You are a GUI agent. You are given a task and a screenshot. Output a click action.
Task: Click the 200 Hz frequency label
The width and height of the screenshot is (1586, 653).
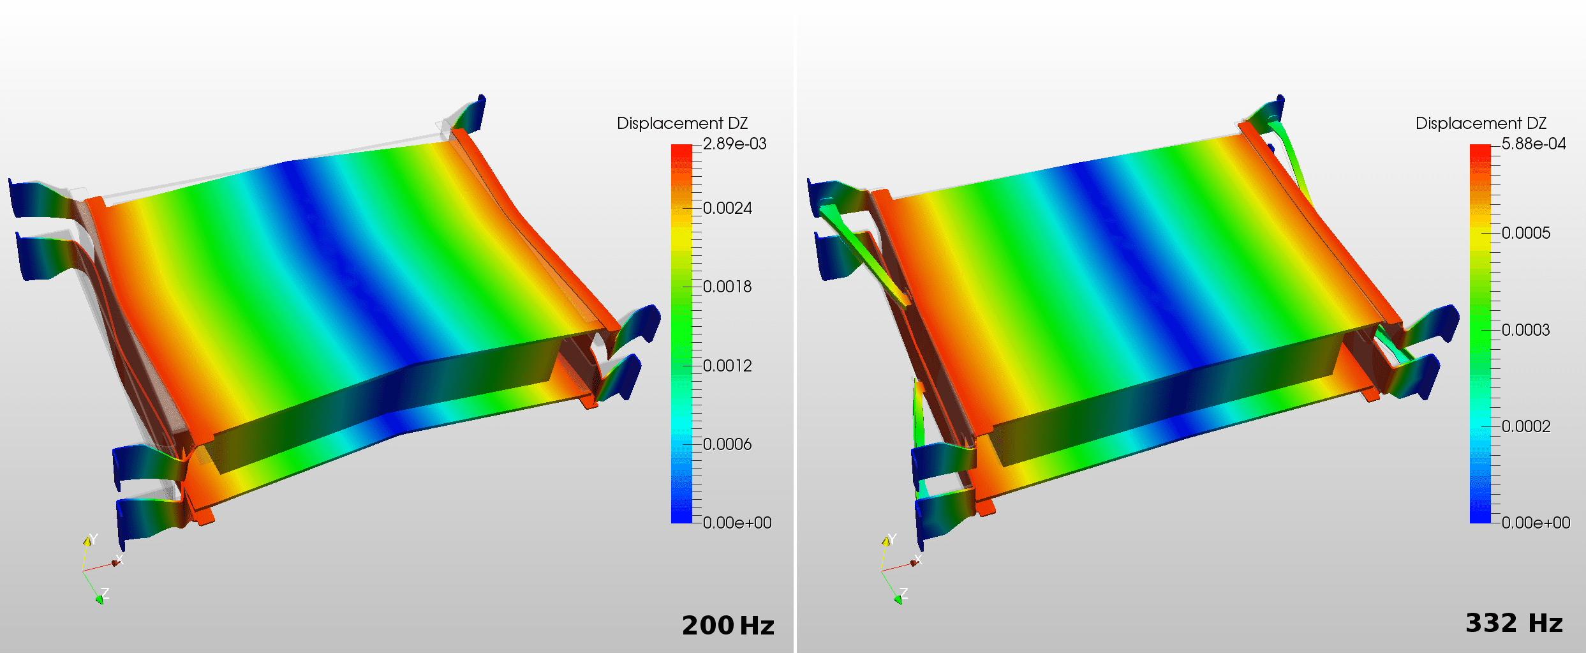(x=728, y=626)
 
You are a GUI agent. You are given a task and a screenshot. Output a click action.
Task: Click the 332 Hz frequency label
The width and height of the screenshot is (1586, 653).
(x=1514, y=623)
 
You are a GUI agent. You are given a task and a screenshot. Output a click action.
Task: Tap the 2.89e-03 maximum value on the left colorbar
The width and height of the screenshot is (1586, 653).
(x=734, y=144)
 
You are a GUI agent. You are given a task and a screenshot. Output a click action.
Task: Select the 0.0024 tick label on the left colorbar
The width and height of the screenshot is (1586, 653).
(x=727, y=208)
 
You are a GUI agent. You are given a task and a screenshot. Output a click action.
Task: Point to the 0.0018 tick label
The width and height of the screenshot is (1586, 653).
(x=727, y=287)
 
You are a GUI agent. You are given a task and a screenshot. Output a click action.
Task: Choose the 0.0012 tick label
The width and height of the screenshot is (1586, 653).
(x=727, y=366)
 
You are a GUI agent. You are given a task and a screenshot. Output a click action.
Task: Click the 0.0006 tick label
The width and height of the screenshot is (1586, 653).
(x=727, y=444)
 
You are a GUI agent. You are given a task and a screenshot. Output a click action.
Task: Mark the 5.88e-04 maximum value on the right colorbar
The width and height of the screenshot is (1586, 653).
(x=1534, y=144)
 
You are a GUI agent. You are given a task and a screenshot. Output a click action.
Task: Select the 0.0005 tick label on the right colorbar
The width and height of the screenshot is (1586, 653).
(x=1526, y=233)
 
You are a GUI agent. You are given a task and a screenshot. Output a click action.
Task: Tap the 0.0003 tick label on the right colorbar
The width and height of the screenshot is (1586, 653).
(x=1526, y=330)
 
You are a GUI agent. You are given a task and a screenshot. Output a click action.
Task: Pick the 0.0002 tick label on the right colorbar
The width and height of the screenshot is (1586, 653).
(x=1526, y=426)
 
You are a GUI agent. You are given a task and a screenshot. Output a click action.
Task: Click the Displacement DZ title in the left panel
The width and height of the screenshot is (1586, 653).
(x=682, y=123)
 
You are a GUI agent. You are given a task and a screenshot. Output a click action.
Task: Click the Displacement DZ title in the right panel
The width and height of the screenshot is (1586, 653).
(x=1481, y=123)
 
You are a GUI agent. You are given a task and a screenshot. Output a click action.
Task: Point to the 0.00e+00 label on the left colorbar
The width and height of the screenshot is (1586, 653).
(x=737, y=523)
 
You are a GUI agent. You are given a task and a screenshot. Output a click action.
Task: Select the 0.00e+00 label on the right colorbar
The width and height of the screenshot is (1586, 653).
(x=1536, y=523)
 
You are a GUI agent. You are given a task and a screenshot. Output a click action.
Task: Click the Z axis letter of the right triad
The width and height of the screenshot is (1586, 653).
(x=904, y=593)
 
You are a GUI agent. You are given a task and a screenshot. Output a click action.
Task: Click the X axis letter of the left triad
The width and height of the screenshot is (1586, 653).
(x=119, y=560)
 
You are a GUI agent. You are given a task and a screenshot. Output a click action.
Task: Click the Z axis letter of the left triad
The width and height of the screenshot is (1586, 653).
(x=105, y=593)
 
